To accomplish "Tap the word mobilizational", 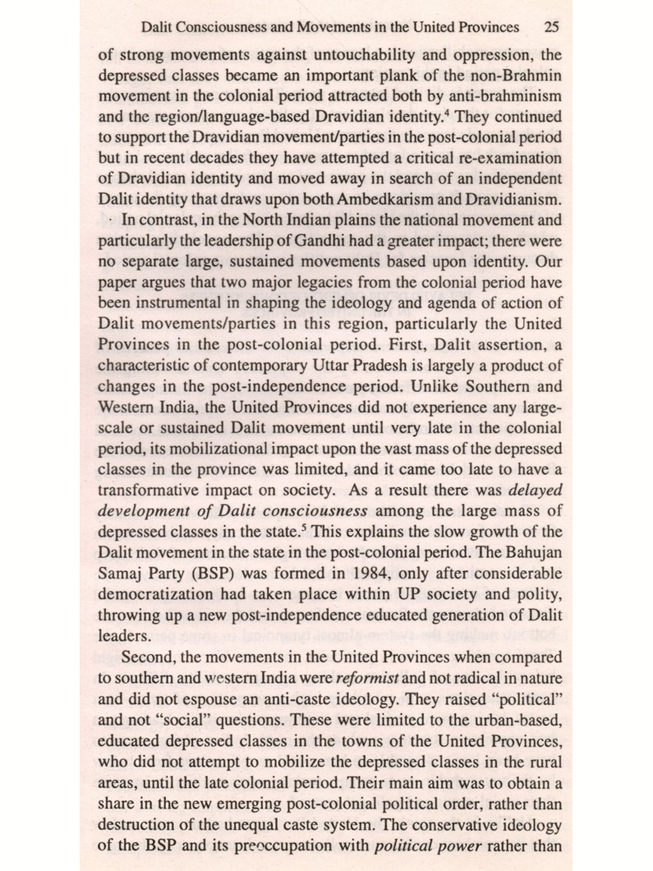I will [x=204, y=449].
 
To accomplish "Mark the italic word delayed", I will [x=535, y=490].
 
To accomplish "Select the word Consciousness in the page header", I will [x=215, y=28].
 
